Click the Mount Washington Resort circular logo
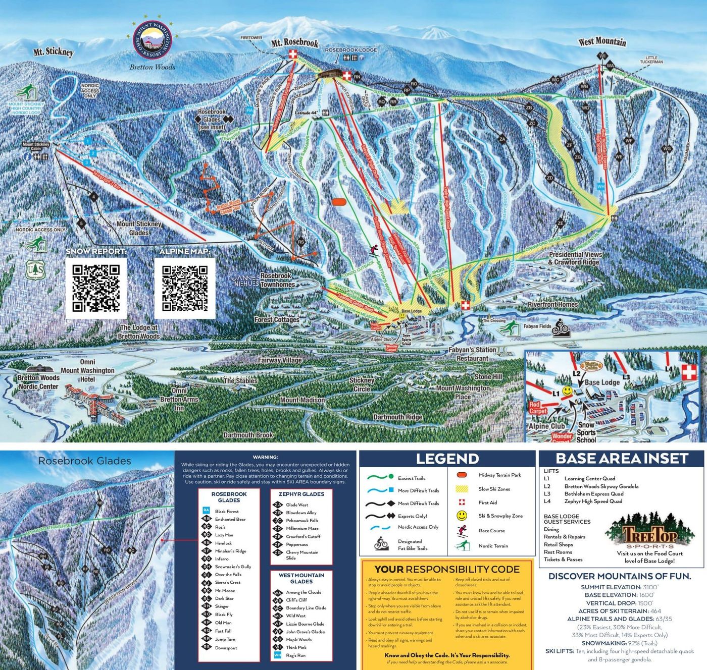[x=152, y=39]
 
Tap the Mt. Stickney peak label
[x=54, y=52]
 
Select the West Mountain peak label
[x=602, y=42]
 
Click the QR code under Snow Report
[x=96, y=288]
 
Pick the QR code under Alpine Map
[x=185, y=288]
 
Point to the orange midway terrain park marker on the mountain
[x=339, y=202]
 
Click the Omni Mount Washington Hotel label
[x=87, y=370]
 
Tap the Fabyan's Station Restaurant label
[x=472, y=354]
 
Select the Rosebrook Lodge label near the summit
[x=350, y=50]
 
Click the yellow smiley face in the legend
[x=462, y=516]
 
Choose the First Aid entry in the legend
[x=487, y=502]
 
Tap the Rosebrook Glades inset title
[x=84, y=461]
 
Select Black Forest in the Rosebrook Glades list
[x=227, y=511]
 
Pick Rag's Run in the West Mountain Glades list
[x=295, y=655]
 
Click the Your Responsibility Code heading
[x=447, y=569]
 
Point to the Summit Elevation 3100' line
[x=619, y=587]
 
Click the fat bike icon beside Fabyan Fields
[x=561, y=327]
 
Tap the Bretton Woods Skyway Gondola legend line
[x=601, y=486]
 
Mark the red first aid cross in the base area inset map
[x=688, y=373]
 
